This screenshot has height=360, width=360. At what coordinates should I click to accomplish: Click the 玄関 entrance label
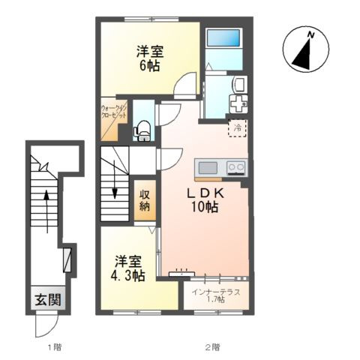click(x=43, y=301)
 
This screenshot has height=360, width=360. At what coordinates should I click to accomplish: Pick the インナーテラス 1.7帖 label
click(x=216, y=295)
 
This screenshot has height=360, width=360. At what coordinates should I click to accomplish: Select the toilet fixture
click(x=142, y=130)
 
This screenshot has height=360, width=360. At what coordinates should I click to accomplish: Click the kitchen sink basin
click(x=208, y=167)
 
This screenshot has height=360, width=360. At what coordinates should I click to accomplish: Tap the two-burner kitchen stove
click(x=235, y=167)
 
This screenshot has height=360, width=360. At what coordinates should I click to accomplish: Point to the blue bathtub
click(x=223, y=39)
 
